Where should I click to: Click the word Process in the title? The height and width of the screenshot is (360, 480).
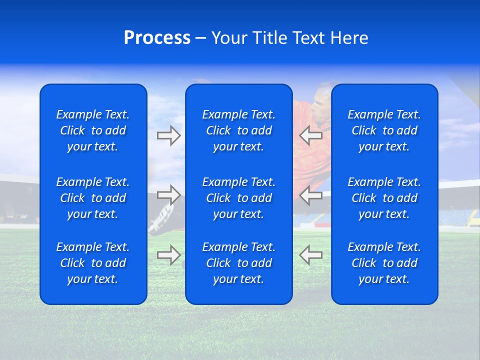pyautogui.click(x=157, y=38)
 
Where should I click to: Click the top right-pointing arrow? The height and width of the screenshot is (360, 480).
pyautogui.click(x=168, y=135)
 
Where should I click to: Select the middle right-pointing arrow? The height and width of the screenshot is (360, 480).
pyautogui.click(x=168, y=194)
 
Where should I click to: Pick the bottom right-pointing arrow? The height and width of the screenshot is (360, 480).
pyautogui.click(x=168, y=254)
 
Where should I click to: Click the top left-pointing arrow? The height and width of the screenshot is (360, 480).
pyautogui.click(x=310, y=135)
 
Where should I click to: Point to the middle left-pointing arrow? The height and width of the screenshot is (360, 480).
pyautogui.click(x=310, y=195)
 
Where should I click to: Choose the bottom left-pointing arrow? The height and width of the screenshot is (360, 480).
pyautogui.click(x=310, y=254)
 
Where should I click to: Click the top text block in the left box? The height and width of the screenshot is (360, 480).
pyautogui.click(x=93, y=130)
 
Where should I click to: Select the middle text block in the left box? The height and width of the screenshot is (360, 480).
pyautogui.click(x=93, y=198)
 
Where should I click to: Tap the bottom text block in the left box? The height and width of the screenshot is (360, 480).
pyautogui.click(x=93, y=263)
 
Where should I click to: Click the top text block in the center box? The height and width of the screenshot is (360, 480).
pyautogui.click(x=238, y=130)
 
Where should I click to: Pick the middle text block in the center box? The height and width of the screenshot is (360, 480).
pyautogui.click(x=238, y=198)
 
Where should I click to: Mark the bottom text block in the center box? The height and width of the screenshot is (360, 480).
pyautogui.click(x=238, y=263)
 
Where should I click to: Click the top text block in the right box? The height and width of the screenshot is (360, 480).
pyautogui.click(x=384, y=130)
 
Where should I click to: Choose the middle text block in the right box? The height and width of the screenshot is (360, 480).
pyautogui.click(x=384, y=198)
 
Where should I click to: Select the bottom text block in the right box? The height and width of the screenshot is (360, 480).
pyautogui.click(x=384, y=263)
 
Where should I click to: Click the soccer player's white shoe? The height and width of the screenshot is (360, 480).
pyautogui.click(x=160, y=220)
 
